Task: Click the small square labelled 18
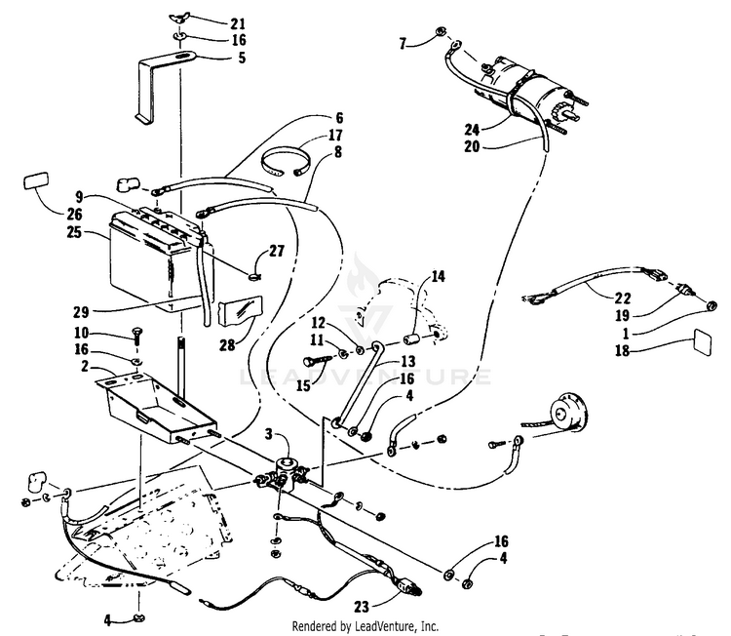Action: tap(701, 343)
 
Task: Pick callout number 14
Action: tap(438, 277)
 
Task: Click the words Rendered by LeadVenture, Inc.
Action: tap(365, 625)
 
